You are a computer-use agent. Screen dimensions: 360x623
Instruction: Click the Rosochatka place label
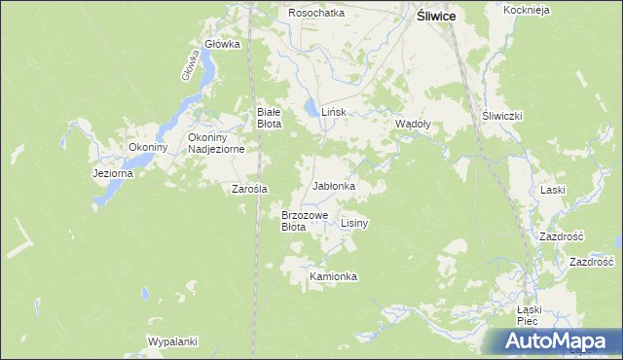316,13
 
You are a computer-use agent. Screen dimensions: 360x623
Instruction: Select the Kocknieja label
528,10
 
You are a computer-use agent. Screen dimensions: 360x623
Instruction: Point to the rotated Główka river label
190,64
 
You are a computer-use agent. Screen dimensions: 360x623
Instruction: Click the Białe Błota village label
269,118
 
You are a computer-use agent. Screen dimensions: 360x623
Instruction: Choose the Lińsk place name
334,113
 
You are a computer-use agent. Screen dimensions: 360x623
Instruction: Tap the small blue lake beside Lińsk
310,108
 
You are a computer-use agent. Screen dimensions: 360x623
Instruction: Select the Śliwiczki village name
503,115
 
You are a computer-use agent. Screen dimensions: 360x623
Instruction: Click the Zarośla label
249,189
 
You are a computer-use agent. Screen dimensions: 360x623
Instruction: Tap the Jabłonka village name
334,185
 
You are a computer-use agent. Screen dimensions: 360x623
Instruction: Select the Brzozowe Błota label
305,220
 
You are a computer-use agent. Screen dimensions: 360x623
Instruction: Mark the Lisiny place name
354,223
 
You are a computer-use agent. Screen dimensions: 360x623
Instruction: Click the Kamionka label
334,276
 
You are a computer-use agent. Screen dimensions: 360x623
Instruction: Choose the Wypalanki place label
173,342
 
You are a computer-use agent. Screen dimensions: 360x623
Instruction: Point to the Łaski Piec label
528,312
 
